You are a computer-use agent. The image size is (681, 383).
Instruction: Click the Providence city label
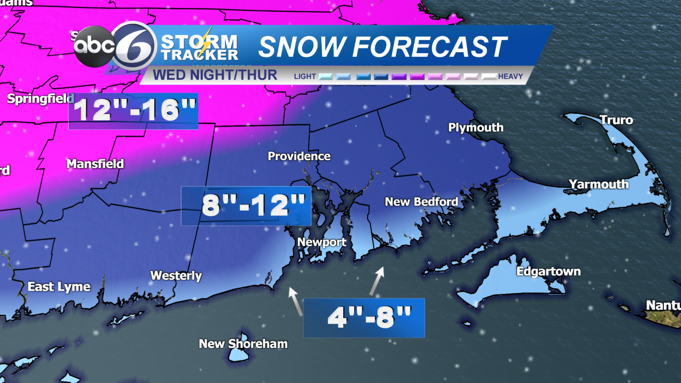[x=299, y=156]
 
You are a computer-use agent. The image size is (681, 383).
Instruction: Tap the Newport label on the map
[x=321, y=243]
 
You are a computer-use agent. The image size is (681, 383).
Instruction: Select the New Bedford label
[x=421, y=202]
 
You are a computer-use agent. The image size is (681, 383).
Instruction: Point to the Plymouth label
[x=476, y=128]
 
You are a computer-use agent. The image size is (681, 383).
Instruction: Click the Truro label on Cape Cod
[x=616, y=120]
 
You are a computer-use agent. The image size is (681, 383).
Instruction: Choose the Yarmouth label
[x=599, y=185]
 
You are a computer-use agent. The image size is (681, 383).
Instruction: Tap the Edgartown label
[x=549, y=272]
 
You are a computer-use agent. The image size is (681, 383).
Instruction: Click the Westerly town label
[x=176, y=276]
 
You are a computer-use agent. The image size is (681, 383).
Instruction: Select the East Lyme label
[x=59, y=287]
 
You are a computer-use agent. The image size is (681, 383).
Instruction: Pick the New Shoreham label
[x=243, y=344]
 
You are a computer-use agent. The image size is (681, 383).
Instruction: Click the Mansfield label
[x=95, y=164]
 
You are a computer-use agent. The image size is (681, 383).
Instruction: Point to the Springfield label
[x=40, y=99]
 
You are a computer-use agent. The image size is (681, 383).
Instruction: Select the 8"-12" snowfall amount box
[x=246, y=206]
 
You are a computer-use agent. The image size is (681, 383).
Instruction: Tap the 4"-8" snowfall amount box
[x=364, y=318]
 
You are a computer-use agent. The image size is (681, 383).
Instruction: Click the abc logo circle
[x=94, y=47]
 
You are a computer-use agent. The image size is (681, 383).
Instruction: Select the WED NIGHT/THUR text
[x=215, y=75]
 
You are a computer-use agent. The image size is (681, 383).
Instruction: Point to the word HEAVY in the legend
[x=510, y=77]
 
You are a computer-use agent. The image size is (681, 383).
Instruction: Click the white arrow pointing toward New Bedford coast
[x=377, y=281]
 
